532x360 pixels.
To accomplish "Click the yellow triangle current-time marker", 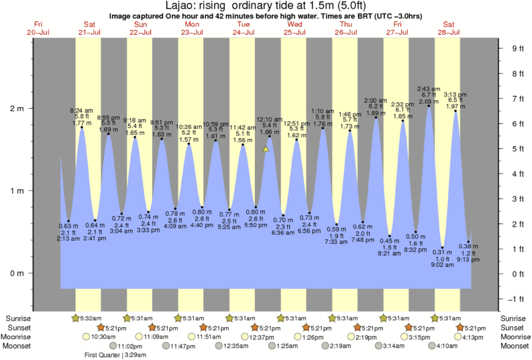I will pos(266,149).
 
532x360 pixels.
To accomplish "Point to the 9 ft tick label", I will pos(517,48).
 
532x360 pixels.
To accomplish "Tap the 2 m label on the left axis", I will pos(15,109).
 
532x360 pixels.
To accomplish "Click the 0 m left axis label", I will pos(15,274).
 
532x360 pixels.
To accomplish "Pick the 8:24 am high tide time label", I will pos(81,110).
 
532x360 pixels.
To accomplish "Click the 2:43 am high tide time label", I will pos(428,88).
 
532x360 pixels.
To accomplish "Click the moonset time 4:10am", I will pos(447,346).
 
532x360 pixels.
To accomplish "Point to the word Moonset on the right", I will pos(515,346).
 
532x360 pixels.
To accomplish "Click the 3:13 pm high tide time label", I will pos(455,94).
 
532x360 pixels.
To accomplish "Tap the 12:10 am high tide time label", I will pos(269,119).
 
